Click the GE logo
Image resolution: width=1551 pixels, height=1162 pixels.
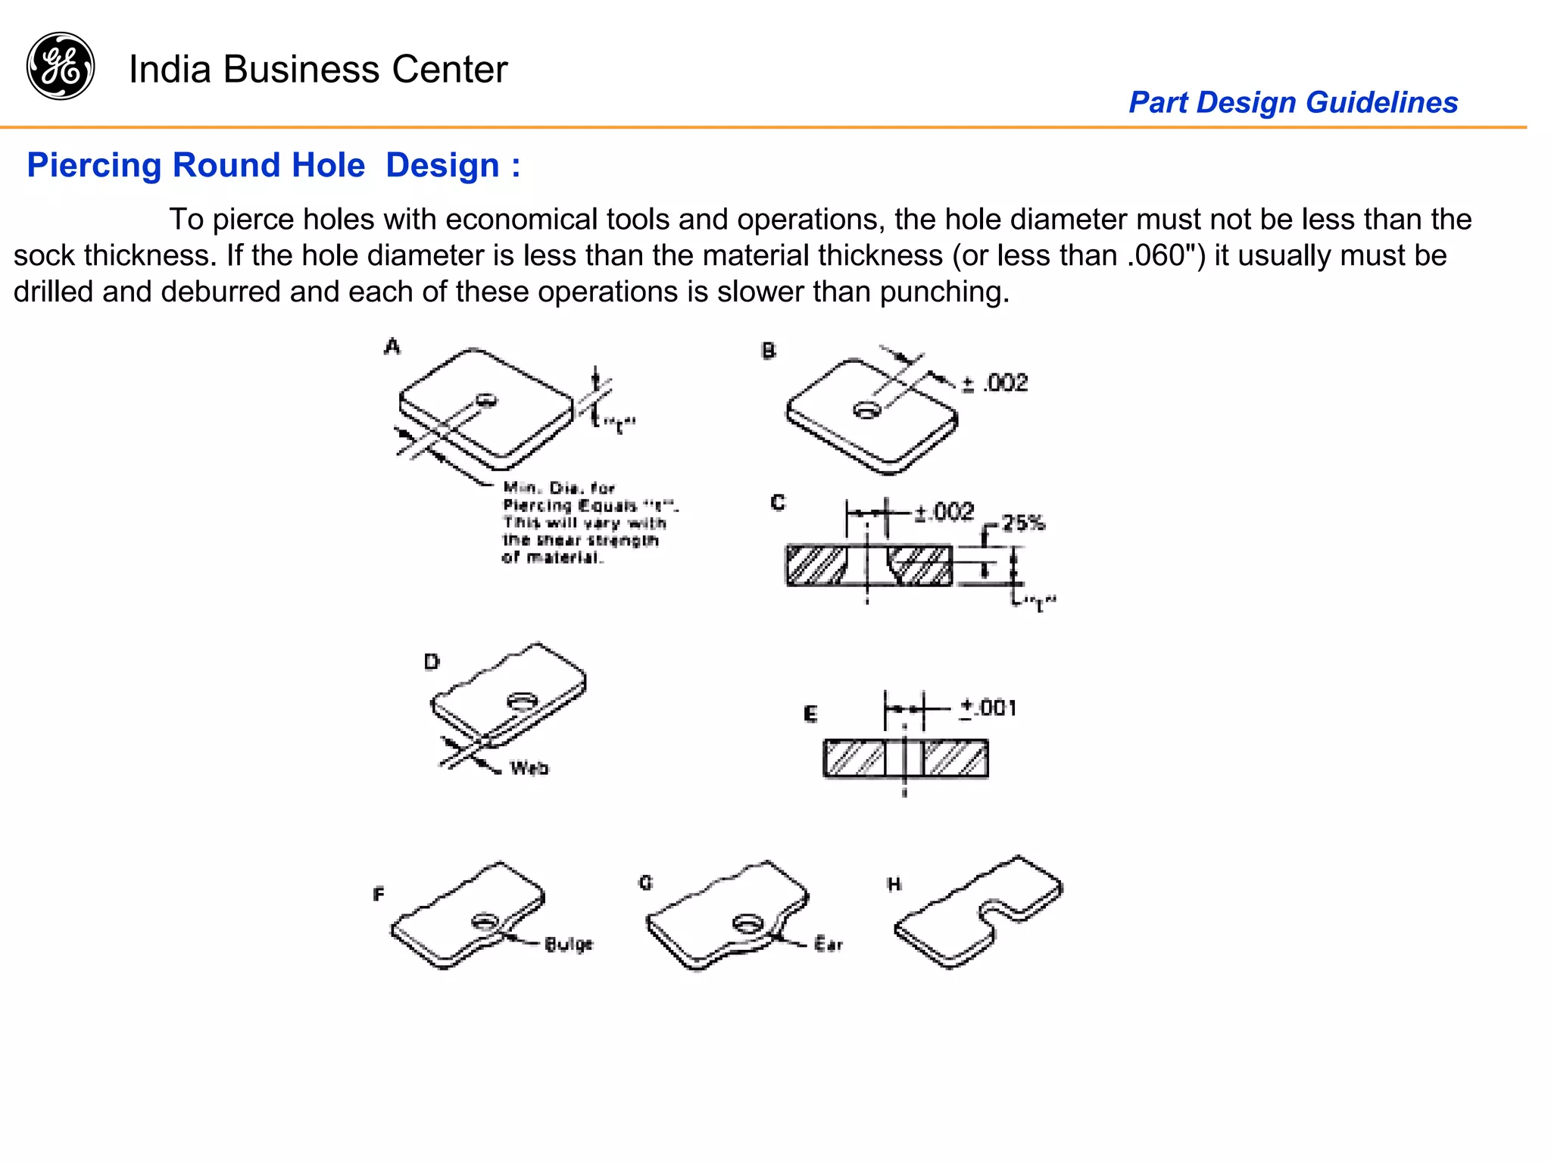point(61,66)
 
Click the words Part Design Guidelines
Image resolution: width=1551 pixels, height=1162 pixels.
point(1293,102)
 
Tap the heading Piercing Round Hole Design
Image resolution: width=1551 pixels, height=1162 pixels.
point(273,165)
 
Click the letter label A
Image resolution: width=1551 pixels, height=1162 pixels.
point(392,347)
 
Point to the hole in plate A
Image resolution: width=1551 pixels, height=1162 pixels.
point(486,399)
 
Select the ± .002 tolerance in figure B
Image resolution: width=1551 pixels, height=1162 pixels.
point(996,383)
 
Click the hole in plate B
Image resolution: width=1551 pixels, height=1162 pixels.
point(867,410)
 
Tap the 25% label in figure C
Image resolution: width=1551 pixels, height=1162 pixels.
point(1023,523)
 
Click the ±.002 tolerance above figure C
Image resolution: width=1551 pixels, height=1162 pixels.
point(944,512)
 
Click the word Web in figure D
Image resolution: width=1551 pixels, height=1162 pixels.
point(529,768)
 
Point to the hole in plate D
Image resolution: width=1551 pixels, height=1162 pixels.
point(522,701)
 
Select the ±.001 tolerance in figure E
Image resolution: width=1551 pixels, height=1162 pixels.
point(988,708)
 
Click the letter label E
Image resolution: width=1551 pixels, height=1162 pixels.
point(810,714)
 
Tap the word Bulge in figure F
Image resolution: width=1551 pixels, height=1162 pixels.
point(569,944)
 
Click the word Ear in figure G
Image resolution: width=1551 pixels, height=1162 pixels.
point(828,944)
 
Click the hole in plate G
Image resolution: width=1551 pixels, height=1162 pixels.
point(748,923)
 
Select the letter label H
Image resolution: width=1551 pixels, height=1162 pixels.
point(894,884)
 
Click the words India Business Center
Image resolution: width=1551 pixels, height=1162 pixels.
point(318,69)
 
